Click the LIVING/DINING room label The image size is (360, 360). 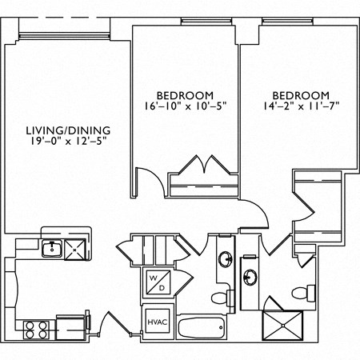[67, 130]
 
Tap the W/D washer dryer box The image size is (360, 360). [156, 282]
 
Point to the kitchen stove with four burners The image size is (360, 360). [37, 327]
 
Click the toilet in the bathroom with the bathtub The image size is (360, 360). [230, 298]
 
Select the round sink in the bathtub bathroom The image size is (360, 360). [226, 262]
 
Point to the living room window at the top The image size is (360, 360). [64, 34]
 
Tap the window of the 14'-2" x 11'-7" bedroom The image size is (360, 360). [284, 21]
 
